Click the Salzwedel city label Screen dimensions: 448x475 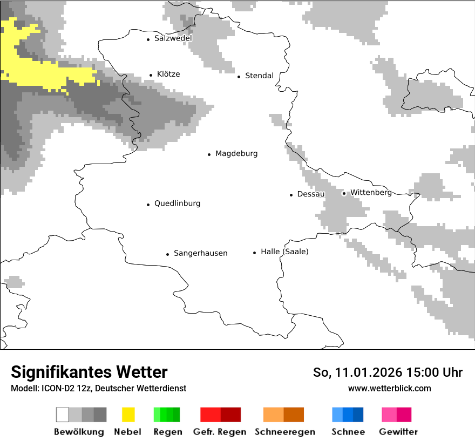173,38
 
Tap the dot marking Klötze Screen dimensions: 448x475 151,75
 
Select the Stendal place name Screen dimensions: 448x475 259,76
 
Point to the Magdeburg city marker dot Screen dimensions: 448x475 209,154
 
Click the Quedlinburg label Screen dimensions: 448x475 177,203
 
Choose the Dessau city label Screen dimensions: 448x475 311,194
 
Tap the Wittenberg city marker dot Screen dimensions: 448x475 344,193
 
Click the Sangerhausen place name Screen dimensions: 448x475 200,253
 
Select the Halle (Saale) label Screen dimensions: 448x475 284,252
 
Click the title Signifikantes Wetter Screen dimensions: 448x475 89,372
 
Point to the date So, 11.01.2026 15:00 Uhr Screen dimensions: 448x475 388,372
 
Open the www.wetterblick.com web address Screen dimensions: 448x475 389,388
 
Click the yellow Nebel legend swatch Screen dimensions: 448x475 128,415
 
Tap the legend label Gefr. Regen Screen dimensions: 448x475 220,432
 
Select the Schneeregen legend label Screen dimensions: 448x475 284,432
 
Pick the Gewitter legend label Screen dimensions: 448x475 398,432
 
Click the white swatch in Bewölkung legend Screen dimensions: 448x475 62,415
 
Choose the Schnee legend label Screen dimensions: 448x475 348,432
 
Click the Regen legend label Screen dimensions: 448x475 167,432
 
